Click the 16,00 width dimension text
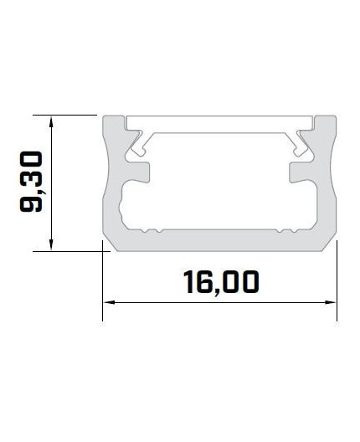click(x=219, y=281)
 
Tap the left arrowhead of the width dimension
click(x=106, y=302)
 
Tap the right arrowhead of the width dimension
click(x=332, y=302)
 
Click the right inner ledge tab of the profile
click(x=300, y=170)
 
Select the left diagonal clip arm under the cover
click(x=137, y=143)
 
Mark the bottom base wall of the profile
click(x=219, y=239)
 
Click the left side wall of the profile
click(x=109, y=184)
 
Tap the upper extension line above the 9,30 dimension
click(x=67, y=115)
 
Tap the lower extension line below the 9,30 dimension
click(x=71, y=249)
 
